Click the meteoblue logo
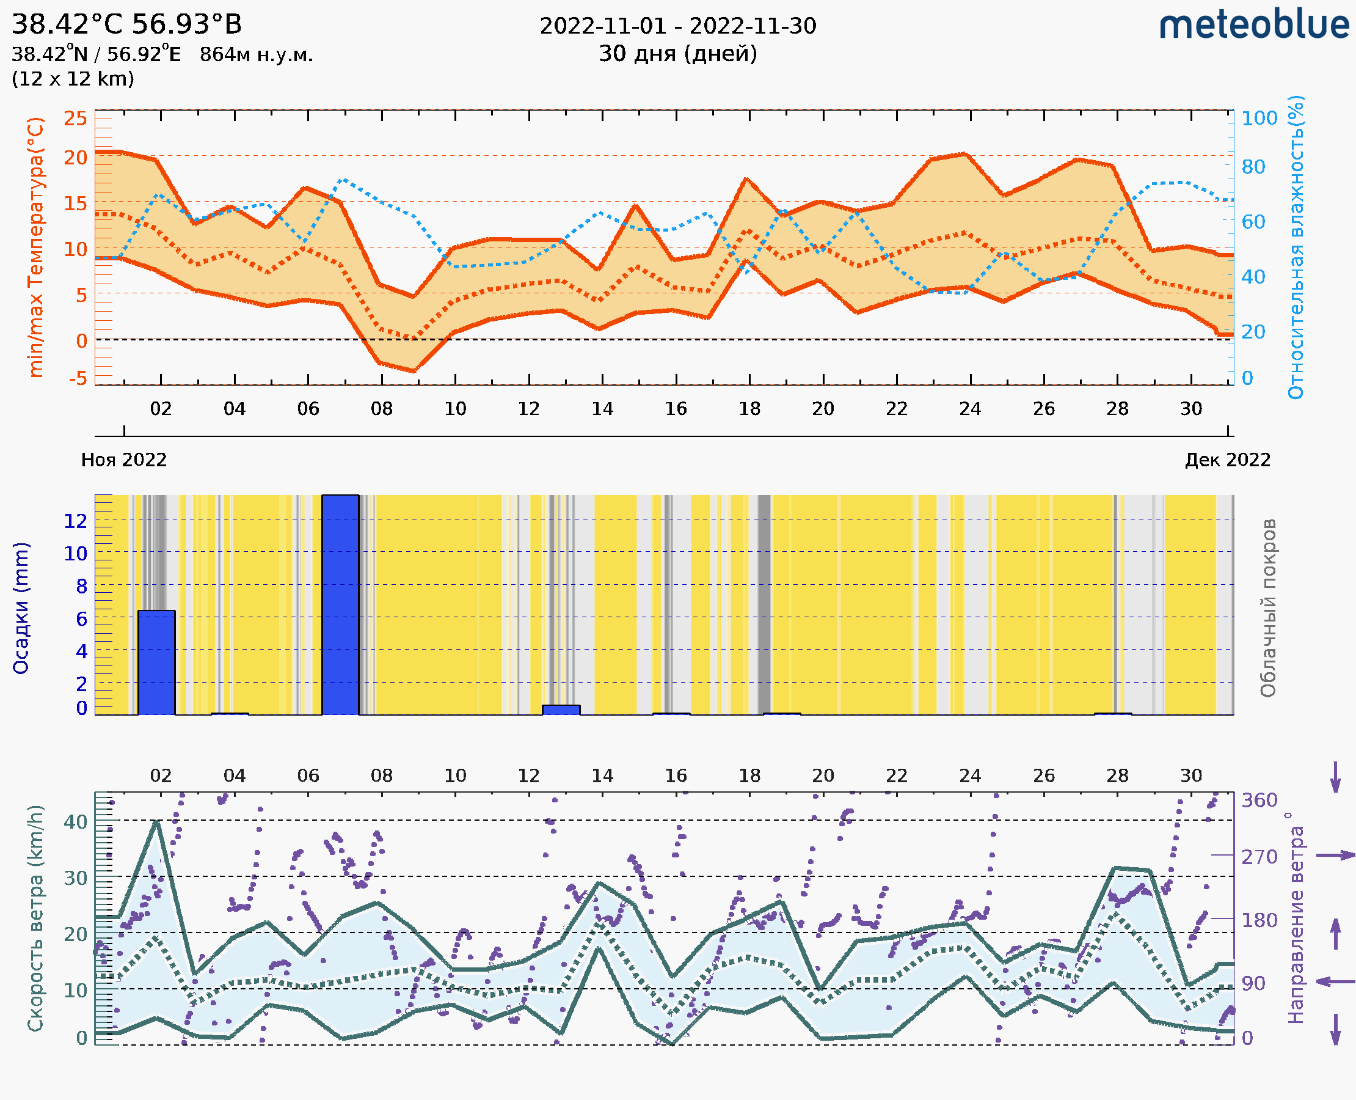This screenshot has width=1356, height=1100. click(1254, 25)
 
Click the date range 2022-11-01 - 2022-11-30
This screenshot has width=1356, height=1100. click(677, 26)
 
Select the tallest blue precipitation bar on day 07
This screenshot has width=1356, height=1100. click(340, 604)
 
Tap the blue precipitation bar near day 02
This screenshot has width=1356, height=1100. click(156, 662)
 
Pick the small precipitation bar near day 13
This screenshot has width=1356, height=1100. click(561, 710)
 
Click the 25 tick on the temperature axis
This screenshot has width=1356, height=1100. click(75, 119)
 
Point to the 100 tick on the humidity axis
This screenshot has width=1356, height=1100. click(1259, 119)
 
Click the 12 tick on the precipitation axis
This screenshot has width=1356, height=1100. click(75, 521)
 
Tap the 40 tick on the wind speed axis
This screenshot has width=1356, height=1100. click(75, 822)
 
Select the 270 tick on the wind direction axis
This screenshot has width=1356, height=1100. click(1259, 857)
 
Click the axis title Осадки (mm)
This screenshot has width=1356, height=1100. click(21, 608)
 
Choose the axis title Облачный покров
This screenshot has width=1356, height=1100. click(1268, 608)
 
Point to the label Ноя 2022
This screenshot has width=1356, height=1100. click(124, 460)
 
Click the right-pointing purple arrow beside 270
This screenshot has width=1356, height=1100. click(1335, 856)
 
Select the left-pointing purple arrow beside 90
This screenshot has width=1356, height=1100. click(1335, 982)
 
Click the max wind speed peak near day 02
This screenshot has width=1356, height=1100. click(156, 821)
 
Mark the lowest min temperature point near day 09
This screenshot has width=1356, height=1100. click(414, 371)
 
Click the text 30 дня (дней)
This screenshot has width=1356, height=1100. click(677, 54)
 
